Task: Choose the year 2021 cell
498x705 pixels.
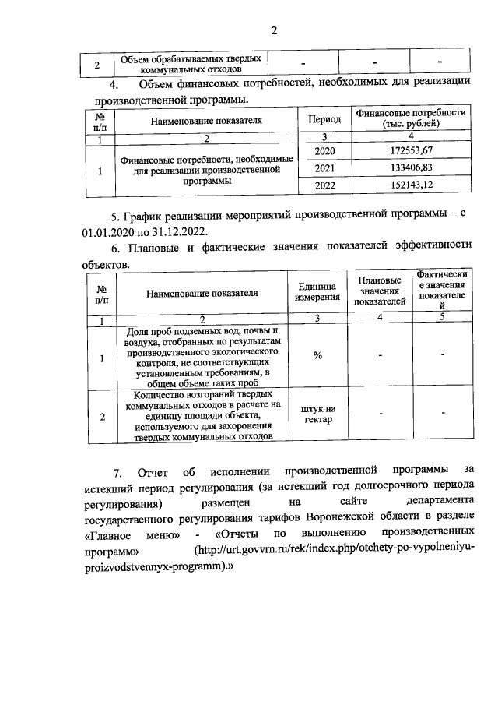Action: (324, 167)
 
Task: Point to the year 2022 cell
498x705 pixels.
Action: (324, 185)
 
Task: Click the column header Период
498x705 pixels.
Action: (324, 120)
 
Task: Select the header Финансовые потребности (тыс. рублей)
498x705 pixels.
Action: (411, 118)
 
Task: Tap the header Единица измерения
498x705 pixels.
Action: (317, 293)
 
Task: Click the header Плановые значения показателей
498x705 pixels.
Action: (380, 291)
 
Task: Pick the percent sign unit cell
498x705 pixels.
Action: (317, 356)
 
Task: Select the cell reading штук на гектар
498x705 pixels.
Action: (317, 415)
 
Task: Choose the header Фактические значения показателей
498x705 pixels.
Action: (442, 291)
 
